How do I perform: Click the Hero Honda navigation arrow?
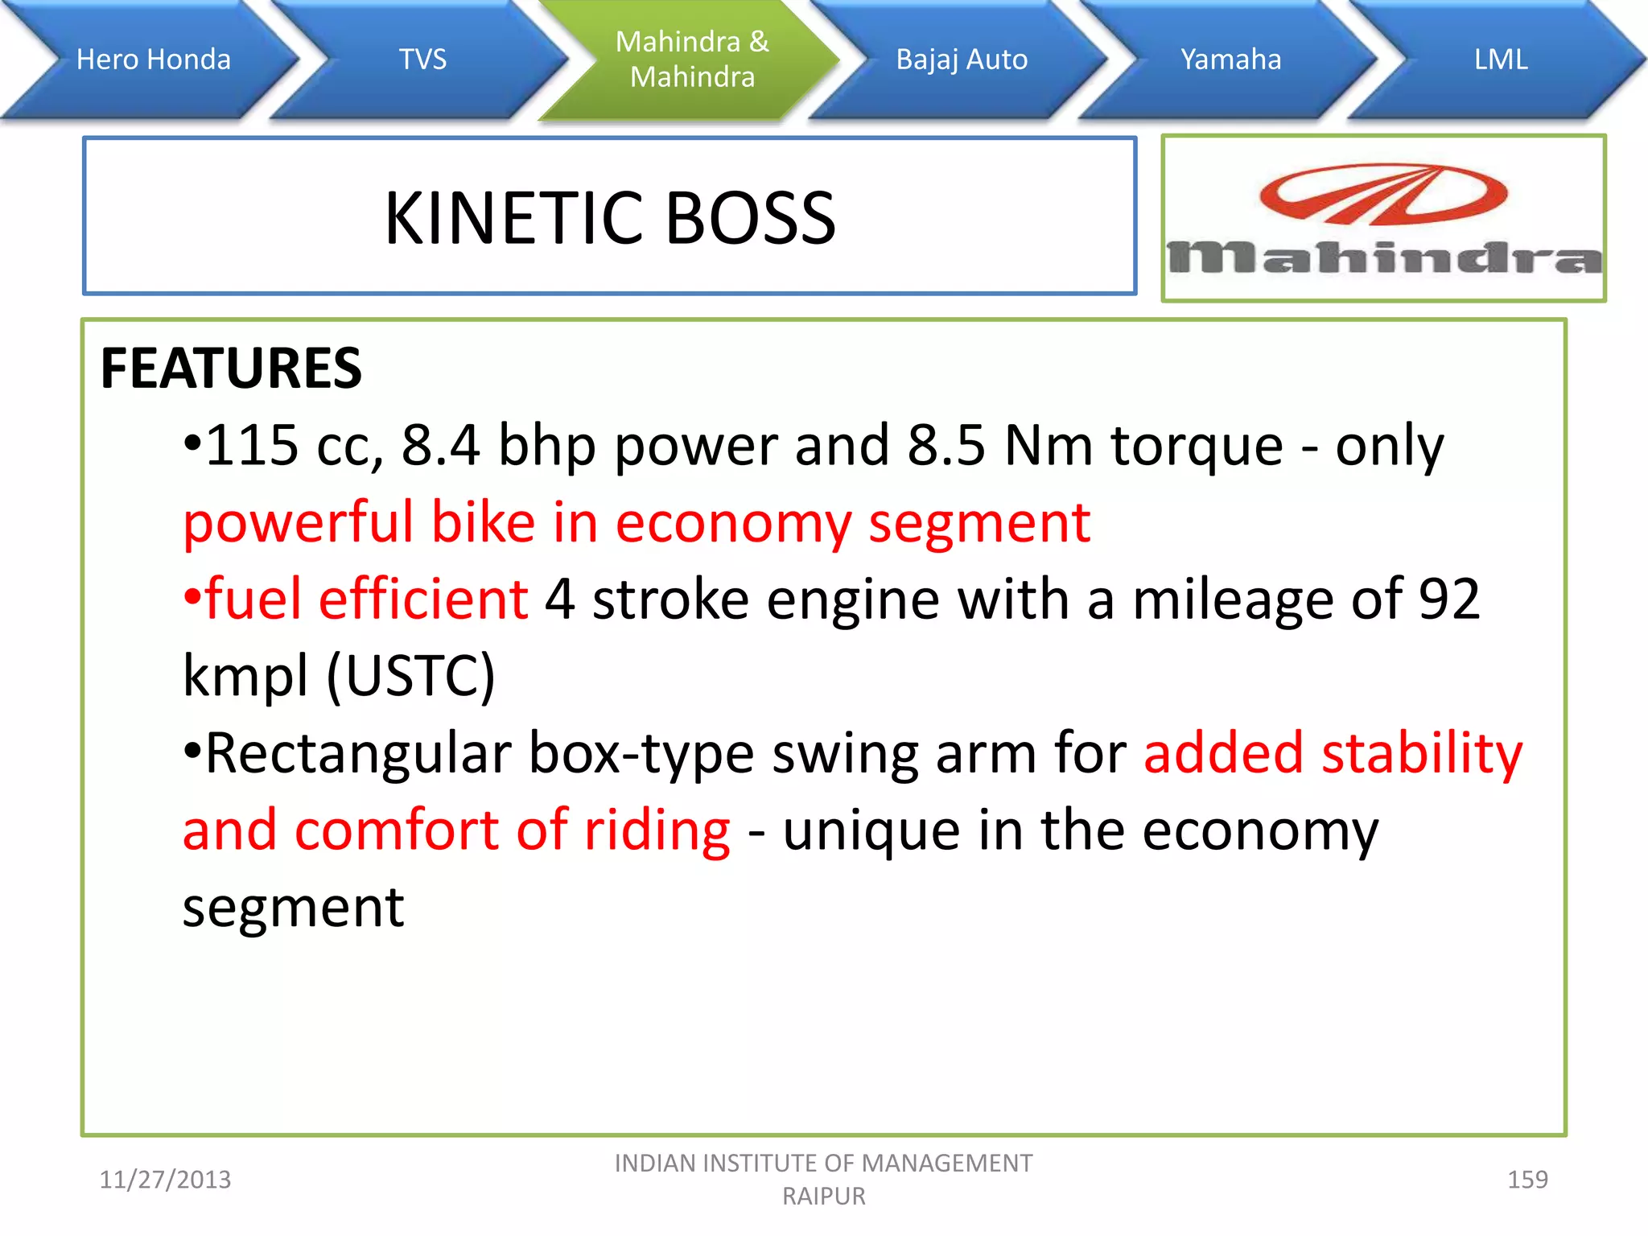pos(153,60)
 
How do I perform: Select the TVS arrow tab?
pos(422,60)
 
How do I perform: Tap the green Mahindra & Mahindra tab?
pos(692,60)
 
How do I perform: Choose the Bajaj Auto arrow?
pos(962,60)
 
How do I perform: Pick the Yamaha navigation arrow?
pos(1230,60)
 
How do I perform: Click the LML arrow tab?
pos(1500,60)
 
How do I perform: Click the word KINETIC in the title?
pos(515,218)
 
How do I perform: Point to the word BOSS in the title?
pos(750,218)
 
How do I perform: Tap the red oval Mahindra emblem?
pos(1383,194)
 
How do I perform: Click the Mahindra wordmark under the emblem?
pos(1384,257)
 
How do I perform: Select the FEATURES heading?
pos(231,369)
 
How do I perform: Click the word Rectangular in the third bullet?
pos(358,753)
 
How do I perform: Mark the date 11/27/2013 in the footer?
pos(165,1180)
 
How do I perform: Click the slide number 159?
pos(1527,1180)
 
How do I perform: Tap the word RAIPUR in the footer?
pos(824,1197)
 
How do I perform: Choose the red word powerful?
pos(298,523)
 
